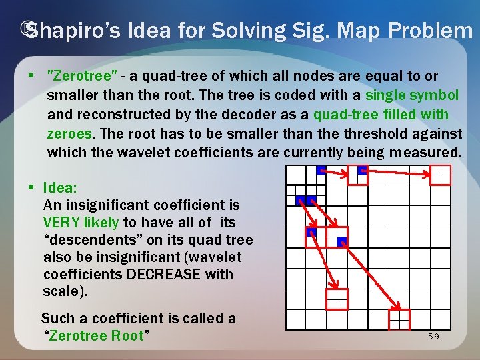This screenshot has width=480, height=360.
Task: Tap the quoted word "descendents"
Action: [80, 240]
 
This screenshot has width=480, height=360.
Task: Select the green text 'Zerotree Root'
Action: [97, 336]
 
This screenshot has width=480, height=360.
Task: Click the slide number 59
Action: [433, 337]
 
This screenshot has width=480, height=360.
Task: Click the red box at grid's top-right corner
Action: [441, 175]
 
